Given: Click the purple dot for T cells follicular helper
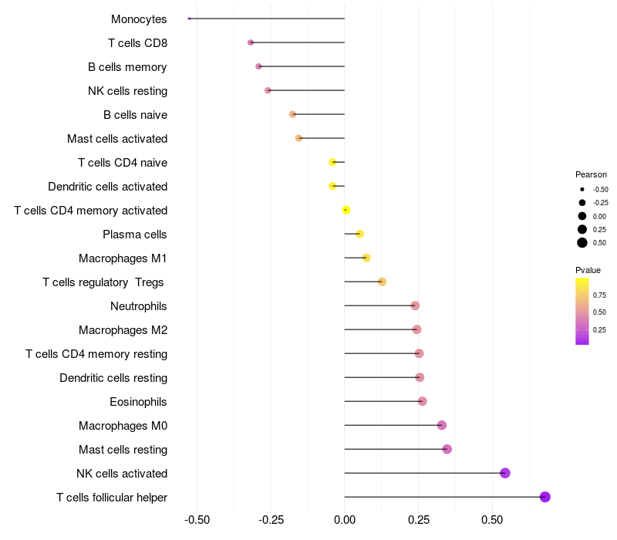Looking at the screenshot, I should click(545, 497).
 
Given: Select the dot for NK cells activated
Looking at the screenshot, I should click(505, 473).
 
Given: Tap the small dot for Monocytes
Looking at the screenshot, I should click(189, 19).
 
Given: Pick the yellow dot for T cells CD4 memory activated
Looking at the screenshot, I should click(346, 210).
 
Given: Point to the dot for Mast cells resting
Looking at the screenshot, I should click(447, 449).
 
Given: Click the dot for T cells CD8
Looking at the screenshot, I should click(251, 42).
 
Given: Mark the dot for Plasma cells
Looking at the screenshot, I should click(359, 234).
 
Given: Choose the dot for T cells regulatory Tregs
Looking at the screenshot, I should click(382, 282).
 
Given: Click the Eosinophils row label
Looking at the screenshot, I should click(138, 402).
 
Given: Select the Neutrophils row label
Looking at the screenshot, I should click(139, 306).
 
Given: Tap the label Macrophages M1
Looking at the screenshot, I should click(123, 258).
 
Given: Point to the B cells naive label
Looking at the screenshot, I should click(135, 115).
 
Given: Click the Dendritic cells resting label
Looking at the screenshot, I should click(113, 378).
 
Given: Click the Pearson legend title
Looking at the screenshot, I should click(591, 174).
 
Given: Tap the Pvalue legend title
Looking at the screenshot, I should click(588, 270).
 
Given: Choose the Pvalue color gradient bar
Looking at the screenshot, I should click(582, 311).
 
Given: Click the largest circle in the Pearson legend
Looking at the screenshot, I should click(582, 243).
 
